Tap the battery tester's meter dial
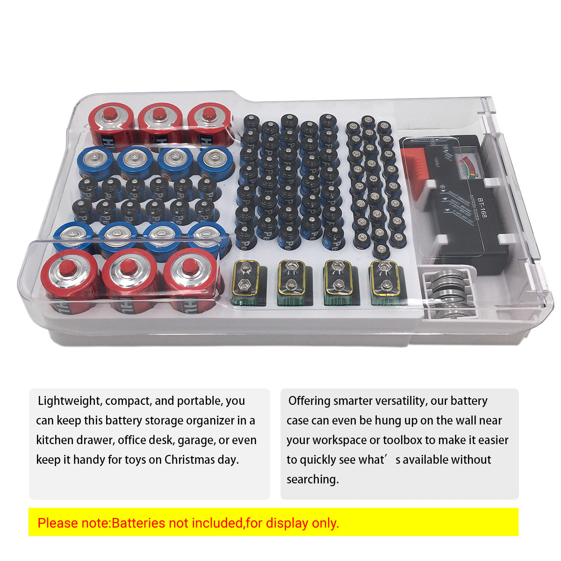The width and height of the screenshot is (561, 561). coord(466,166)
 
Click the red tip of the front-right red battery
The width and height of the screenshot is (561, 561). coord(189,266)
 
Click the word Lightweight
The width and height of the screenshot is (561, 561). coord(69,401)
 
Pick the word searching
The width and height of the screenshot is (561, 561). coord(312,479)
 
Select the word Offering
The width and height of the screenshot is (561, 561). coord(309,401)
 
